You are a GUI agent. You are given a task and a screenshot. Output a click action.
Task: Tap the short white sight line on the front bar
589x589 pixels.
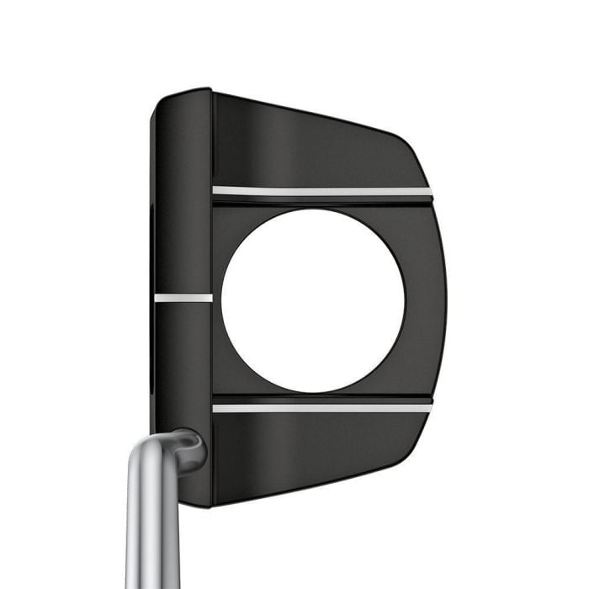tap(183, 297)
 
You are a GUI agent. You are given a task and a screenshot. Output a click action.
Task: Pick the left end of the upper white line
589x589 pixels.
tap(216, 191)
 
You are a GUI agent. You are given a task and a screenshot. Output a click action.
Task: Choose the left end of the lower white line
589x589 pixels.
tap(216, 408)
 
